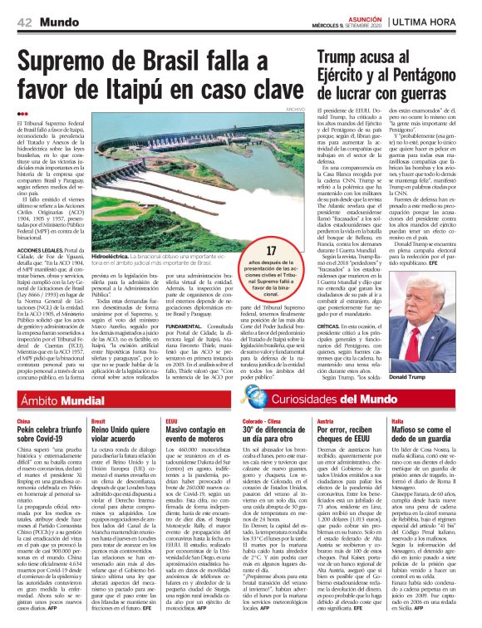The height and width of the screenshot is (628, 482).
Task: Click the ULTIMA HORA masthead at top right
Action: (439, 21)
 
